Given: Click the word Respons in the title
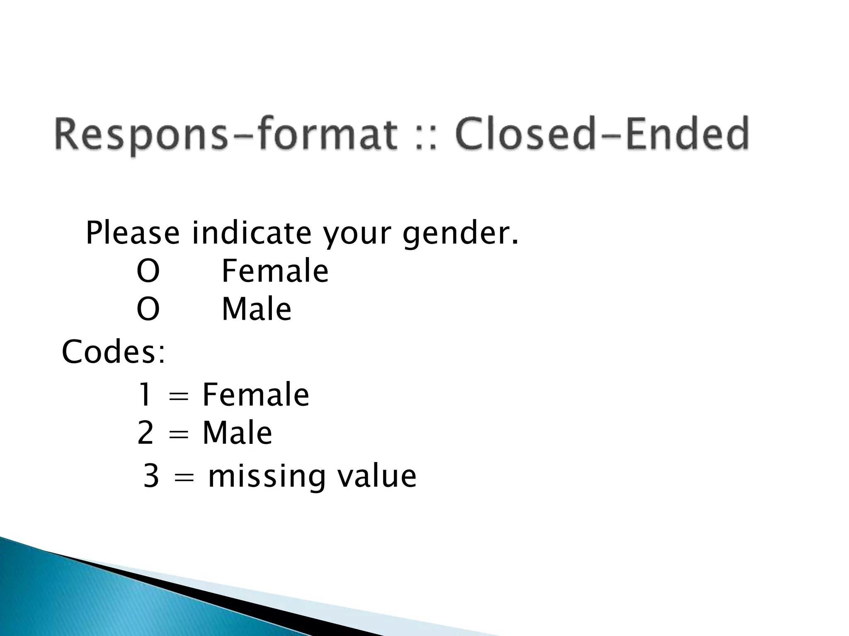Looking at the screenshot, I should pos(141,134).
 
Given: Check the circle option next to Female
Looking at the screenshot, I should pos(148,271).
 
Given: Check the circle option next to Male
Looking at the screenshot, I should pos(148,309).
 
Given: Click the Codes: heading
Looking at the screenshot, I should pos(113,352).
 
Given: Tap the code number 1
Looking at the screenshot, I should pos(145,395).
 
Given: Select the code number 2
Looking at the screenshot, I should pos(145,433).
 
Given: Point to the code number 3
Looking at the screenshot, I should pos(151,476).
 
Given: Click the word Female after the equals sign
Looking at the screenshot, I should pos(255,395).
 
